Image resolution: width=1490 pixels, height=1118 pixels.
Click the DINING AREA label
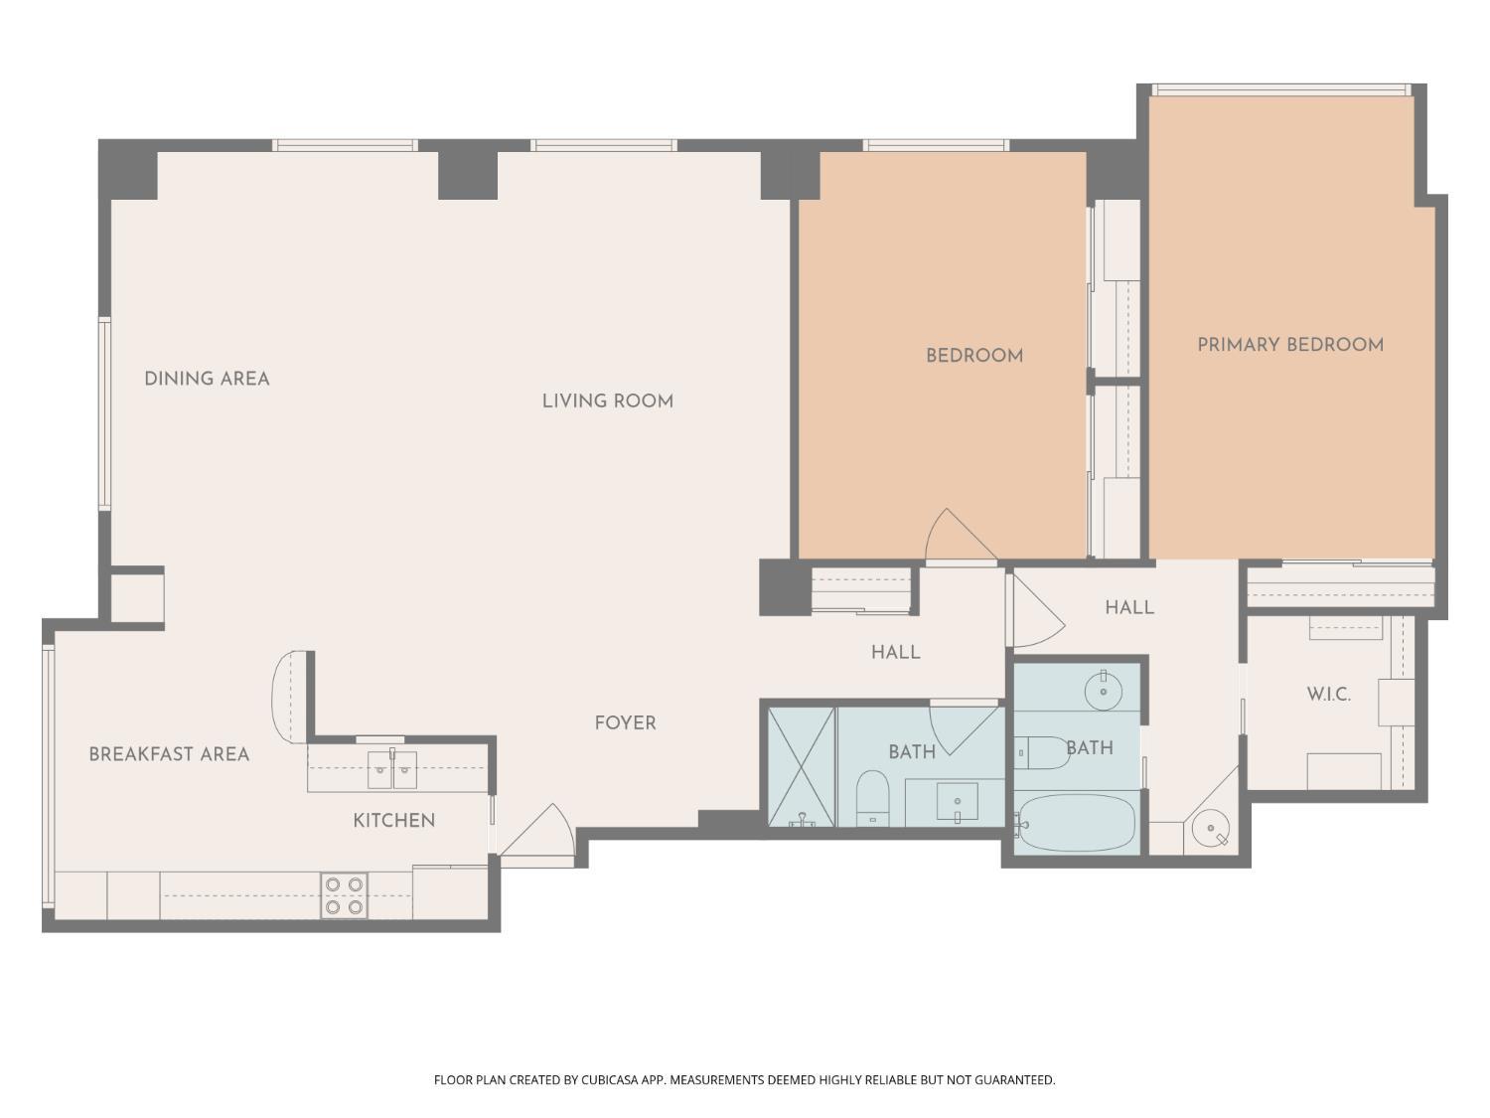207,379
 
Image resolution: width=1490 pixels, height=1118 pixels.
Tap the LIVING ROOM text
607,401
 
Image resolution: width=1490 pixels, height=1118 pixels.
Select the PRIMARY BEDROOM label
1289,345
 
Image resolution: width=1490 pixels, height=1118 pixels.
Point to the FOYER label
625,723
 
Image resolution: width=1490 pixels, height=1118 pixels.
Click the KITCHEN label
394,821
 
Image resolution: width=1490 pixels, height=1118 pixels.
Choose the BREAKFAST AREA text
169,754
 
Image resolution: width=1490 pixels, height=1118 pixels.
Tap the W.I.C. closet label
1328,695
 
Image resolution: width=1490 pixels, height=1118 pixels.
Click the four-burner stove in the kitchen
344,895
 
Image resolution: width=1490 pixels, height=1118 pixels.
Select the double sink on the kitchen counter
392,769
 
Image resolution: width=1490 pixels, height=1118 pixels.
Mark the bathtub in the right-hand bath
1078,823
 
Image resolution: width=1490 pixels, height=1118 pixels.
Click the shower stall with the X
802,766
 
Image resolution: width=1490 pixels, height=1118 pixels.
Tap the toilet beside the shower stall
872,797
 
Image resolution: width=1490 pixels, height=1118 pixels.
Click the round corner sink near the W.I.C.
1211,828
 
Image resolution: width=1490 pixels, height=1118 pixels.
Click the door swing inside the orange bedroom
956,539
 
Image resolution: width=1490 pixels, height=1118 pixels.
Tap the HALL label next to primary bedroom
1129,607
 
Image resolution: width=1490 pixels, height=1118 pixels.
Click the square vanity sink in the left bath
957,801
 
